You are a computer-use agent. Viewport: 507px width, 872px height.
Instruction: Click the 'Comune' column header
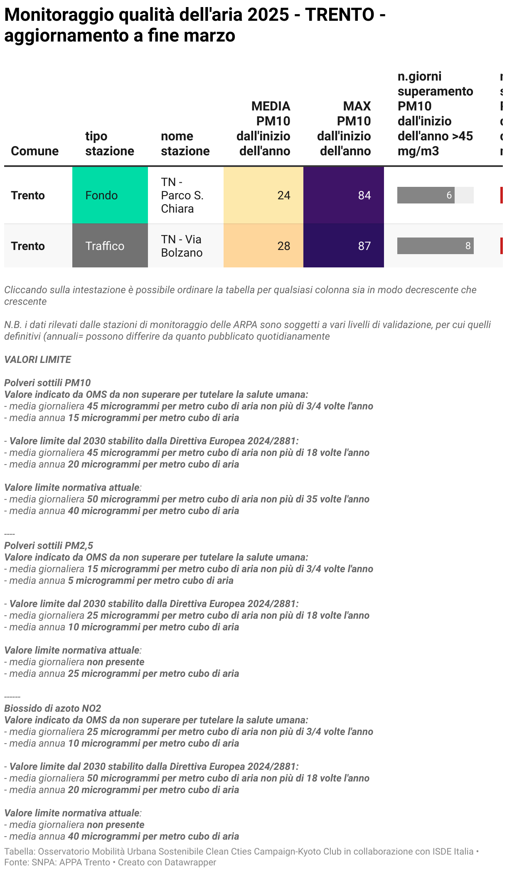34,151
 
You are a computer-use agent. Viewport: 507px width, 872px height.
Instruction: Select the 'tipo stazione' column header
110,143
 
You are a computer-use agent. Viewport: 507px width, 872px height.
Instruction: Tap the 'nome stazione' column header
185,143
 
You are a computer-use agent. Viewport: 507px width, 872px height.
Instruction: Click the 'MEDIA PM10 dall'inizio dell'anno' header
263,128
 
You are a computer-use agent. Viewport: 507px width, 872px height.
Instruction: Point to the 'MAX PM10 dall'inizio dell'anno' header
344,128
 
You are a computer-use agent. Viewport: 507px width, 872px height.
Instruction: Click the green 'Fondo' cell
101,195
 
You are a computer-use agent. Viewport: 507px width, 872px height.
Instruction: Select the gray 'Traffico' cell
105,246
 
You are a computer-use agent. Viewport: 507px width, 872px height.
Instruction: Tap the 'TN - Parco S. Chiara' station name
182,195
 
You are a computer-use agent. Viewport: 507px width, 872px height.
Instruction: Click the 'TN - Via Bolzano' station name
182,246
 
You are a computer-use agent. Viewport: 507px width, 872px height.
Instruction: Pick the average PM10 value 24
283,195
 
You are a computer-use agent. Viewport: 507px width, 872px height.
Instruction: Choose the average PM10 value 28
283,246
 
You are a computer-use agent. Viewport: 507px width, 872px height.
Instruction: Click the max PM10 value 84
364,195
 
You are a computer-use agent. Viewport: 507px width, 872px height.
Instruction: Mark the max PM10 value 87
364,246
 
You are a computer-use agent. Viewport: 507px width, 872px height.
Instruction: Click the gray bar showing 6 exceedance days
426,195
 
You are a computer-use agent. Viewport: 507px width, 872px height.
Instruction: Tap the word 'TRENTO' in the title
340,15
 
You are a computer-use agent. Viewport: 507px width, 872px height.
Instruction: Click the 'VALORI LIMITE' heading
38,360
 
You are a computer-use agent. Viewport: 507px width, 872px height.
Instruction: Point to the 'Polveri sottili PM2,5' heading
49,546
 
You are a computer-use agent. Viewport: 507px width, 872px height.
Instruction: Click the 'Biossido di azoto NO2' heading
53,708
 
